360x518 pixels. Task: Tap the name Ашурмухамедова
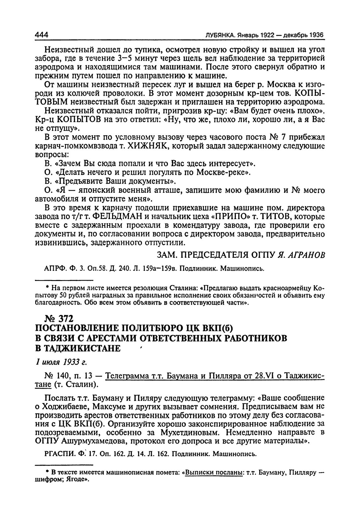coord(101,441)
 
